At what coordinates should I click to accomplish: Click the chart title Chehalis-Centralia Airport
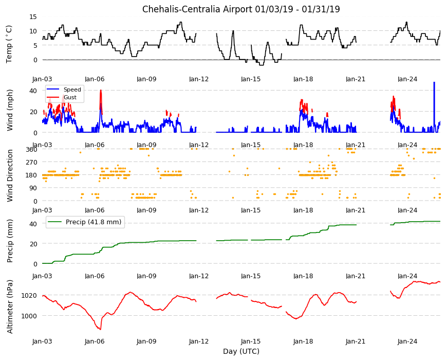click(x=197, y=9)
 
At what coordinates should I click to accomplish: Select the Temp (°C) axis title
click(x=9, y=44)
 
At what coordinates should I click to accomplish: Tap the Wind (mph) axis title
click(x=10, y=110)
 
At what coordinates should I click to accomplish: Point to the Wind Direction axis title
click(x=10, y=175)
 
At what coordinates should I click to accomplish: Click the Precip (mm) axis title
click(x=10, y=241)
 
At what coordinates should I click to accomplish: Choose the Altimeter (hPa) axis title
click(x=10, y=307)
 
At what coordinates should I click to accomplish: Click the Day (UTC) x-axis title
click(x=241, y=351)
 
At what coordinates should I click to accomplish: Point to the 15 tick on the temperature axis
click(x=33, y=16)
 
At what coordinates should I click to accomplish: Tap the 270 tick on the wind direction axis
click(x=31, y=163)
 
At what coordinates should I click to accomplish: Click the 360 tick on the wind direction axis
click(x=31, y=150)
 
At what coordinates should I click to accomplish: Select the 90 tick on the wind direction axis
click(x=33, y=188)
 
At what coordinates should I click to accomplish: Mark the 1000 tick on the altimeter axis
click(x=29, y=316)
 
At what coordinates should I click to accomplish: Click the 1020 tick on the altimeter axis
click(x=29, y=296)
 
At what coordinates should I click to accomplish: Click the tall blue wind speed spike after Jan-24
click(x=434, y=107)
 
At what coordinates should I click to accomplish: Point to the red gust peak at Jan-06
click(x=101, y=91)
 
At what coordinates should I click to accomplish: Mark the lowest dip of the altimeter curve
click(x=100, y=329)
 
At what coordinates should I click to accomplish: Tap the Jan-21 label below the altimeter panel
click(x=355, y=341)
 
